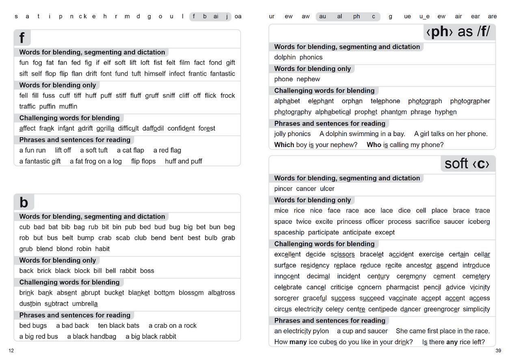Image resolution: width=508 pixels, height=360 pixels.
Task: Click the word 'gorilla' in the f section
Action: [105, 128]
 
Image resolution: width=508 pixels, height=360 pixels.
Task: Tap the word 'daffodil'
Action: [153, 128]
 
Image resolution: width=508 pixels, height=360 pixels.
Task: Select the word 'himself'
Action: [155, 74]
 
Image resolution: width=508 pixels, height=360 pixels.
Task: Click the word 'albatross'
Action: [221, 293]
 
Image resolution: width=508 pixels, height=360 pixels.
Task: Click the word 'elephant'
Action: [321, 101]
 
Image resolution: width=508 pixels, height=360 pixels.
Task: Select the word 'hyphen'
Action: [446, 112]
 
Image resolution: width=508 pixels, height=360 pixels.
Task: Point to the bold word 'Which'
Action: [284, 145]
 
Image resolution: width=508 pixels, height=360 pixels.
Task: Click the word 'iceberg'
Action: [479, 221]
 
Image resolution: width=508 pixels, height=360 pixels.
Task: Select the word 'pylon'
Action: [320, 331]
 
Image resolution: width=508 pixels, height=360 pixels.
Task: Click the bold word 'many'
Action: [298, 342]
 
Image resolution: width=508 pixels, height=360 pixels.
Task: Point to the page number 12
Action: [11, 351]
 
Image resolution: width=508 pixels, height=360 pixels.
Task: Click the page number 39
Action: [498, 351]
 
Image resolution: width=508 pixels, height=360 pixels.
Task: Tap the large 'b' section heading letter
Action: [24, 202]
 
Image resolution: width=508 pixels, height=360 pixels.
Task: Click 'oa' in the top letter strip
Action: [238, 17]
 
